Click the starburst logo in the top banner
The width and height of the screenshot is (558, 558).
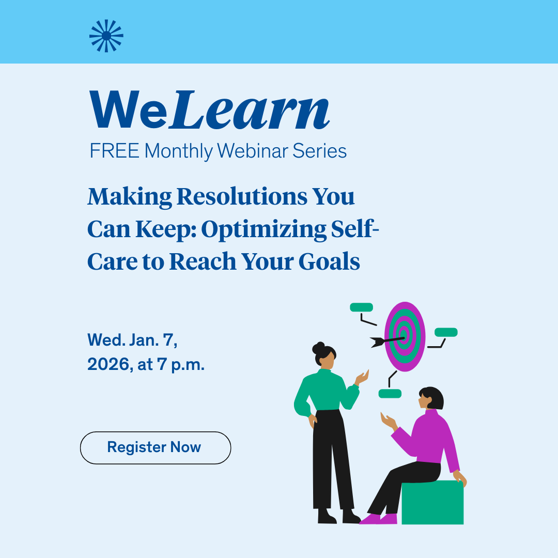coord(106,36)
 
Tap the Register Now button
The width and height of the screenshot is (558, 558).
coord(155,447)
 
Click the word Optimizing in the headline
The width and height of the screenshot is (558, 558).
coord(263,229)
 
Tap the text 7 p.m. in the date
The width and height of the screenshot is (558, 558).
coord(181,365)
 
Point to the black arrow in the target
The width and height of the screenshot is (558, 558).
coord(385,340)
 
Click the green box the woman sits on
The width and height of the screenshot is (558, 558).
coord(432,504)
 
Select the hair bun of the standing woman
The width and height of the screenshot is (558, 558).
coord(319,346)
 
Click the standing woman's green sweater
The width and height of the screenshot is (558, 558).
coord(326,390)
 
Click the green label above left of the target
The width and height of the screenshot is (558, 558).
coord(361,307)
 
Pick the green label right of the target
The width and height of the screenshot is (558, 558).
coord(446,332)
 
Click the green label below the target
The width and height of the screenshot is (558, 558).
coord(390,394)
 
